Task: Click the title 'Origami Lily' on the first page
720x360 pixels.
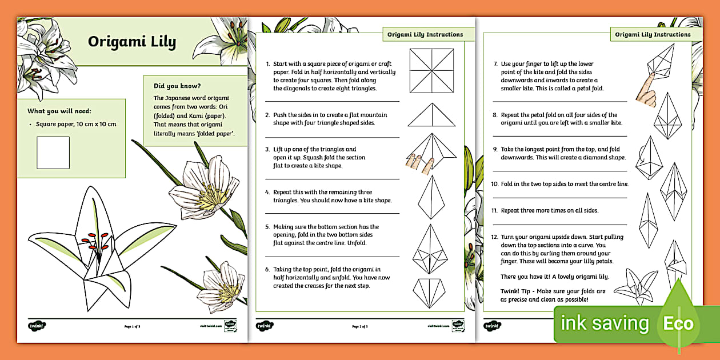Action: coord(131,42)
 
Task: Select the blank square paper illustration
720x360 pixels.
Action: coord(53,153)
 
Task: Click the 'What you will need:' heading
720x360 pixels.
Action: coord(59,111)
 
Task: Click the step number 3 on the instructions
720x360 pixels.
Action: coord(267,150)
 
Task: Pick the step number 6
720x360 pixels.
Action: coord(267,269)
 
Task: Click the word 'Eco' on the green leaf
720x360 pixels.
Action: coord(678,324)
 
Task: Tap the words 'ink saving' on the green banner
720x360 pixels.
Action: coord(605,323)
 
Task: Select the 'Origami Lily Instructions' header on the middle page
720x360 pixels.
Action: coord(425,34)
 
